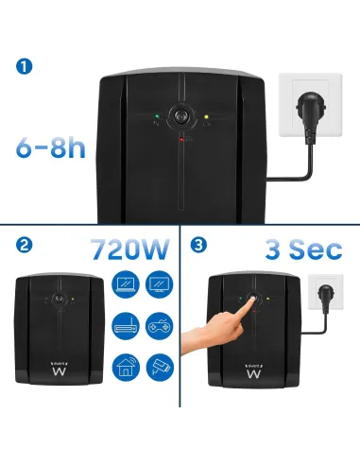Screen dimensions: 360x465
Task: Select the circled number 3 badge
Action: pos(197,246)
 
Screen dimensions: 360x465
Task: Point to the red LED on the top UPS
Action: pos(180,139)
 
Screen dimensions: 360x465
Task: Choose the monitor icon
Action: pos(158,284)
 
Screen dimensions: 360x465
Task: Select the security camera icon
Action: pos(158,366)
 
